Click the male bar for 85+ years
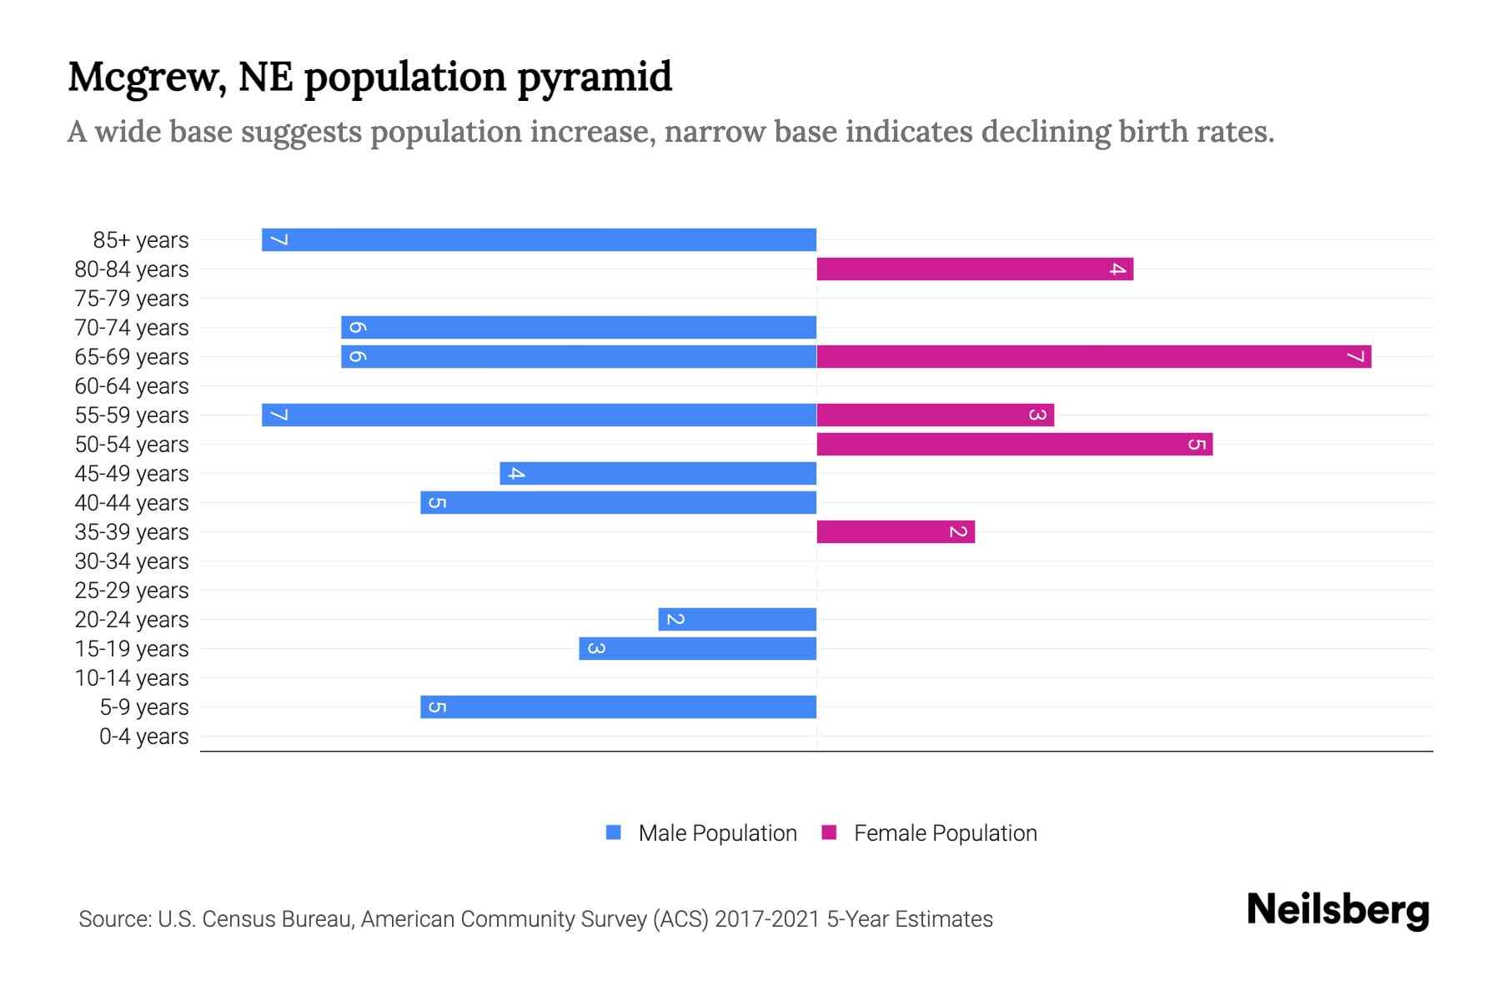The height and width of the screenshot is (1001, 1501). coord(539,239)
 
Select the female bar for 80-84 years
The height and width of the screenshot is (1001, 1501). coord(974,269)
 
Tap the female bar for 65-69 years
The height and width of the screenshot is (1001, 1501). coord(1093,356)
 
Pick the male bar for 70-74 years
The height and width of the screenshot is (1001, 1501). coord(579,327)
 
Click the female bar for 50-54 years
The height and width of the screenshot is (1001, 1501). coord(1014,444)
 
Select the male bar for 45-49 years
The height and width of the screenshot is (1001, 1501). coord(658,473)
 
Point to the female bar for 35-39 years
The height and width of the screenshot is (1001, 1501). coord(895,531)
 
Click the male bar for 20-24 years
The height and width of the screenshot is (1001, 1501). coord(737,619)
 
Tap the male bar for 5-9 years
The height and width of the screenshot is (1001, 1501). coord(618,707)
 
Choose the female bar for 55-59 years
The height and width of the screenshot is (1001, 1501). coord(935,415)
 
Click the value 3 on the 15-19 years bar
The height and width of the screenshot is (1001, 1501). coord(595,648)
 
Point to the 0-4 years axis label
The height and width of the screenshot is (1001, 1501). coord(143,737)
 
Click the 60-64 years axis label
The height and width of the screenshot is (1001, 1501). coord(132,386)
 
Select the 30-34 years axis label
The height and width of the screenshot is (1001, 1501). coord(132,561)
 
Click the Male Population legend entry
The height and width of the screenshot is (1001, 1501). coord(717,832)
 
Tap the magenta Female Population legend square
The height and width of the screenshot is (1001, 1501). coord(829,832)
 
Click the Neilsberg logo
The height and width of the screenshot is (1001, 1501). coord(1338,910)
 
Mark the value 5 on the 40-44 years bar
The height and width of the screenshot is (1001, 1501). coord(436,502)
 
